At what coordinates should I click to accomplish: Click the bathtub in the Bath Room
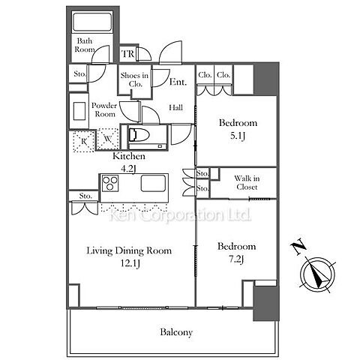pyautogui.click(x=91, y=22)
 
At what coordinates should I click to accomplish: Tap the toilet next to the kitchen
pyautogui.click(x=139, y=135)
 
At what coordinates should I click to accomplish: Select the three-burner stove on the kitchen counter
pyautogui.click(x=110, y=183)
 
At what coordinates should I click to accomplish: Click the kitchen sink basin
pyautogui.click(x=153, y=183)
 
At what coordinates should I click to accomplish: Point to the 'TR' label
pyautogui.click(x=127, y=54)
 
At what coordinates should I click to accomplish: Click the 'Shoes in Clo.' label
pyautogui.click(x=134, y=79)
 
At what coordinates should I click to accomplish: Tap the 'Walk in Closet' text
pyautogui.click(x=247, y=182)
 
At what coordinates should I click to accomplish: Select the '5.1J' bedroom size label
pyautogui.click(x=237, y=136)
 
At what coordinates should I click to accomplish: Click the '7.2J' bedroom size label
pyautogui.click(x=236, y=259)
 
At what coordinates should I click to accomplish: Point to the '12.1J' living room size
pyautogui.click(x=130, y=263)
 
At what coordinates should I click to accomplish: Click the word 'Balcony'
pyautogui.click(x=176, y=332)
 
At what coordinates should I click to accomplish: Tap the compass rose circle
pyautogui.click(x=317, y=275)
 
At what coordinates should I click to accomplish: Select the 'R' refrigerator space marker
pyautogui.click(x=84, y=142)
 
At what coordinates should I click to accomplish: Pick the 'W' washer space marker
pyautogui.click(x=108, y=138)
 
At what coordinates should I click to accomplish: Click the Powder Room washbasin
pyautogui.click(x=79, y=111)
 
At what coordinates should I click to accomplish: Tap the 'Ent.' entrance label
pyautogui.click(x=178, y=82)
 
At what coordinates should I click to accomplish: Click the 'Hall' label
pyautogui.click(x=175, y=108)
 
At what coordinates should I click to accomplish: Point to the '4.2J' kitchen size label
pyautogui.click(x=128, y=169)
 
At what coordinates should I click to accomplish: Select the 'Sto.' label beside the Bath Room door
pyautogui.click(x=79, y=73)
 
